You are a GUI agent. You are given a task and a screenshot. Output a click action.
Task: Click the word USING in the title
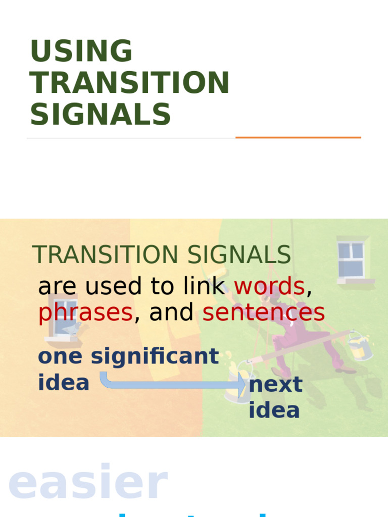coord(81,51)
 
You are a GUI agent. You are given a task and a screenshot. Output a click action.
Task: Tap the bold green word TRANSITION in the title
coord(130,83)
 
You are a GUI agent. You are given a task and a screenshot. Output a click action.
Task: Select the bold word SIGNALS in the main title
coord(101,114)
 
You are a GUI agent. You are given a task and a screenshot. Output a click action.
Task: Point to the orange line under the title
coord(298,137)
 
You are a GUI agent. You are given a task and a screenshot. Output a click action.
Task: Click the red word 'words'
coord(269,286)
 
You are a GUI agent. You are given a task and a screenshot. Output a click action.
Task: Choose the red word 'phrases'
coord(85,313)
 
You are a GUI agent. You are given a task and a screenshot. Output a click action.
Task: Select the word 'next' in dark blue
coord(275,384)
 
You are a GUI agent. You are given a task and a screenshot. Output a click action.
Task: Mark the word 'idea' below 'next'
coord(274,410)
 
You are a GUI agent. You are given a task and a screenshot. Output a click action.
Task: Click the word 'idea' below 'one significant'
coord(64,383)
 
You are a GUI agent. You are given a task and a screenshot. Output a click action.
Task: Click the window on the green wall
coord(352,258)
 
